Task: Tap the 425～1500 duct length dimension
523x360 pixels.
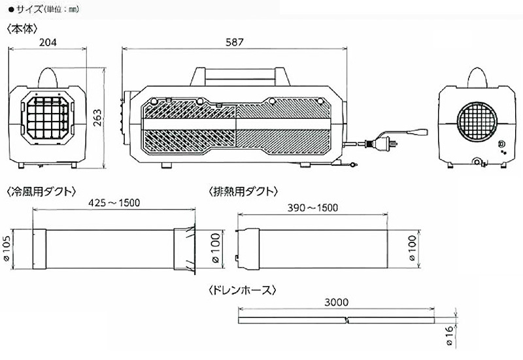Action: (114, 204)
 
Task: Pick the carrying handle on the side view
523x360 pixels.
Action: (238, 73)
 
